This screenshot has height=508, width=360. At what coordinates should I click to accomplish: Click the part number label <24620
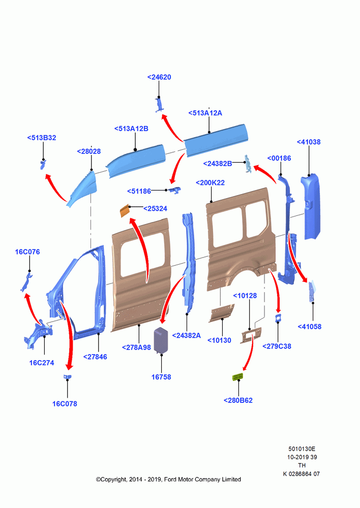pyautogui.click(x=159, y=77)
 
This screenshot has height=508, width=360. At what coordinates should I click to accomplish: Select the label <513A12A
pyautogui.click(x=205, y=113)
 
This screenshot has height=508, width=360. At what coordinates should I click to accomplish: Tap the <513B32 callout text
pyautogui.click(x=42, y=138)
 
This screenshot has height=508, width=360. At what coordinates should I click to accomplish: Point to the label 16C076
pyautogui.click(x=27, y=252)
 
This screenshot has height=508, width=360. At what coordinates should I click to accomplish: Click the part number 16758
pyautogui.click(x=161, y=377)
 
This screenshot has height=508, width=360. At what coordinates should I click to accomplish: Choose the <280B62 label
pyautogui.click(x=238, y=400)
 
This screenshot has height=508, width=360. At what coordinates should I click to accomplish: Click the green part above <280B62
pyautogui.click(x=237, y=377)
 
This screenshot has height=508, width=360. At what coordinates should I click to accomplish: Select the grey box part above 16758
pyautogui.click(x=161, y=339)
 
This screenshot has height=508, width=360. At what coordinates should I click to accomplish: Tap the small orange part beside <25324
pyautogui.click(x=125, y=211)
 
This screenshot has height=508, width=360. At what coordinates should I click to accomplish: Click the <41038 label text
pyautogui.click(x=309, y=142)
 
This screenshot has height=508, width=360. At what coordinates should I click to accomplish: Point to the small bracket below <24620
pyautogui.click(x=159, y=105)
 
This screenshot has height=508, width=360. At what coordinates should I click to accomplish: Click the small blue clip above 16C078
pyautogui.click(x=68, y=377)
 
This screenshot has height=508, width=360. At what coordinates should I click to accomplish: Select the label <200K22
pyautogui.click(x=210, y=183)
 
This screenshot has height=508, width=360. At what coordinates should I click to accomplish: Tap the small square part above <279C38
pyautogui.click(x=278, y=318)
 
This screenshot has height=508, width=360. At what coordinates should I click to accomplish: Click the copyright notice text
pyautogui.click(x=168, y=479)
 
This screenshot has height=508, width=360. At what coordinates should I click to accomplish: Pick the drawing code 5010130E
pyautogui.click(x=302, y=449)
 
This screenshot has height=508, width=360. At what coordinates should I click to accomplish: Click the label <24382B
pyautogui.click(x=218, y=164)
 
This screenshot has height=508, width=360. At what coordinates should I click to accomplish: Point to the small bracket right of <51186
pyautogui.click(x=175, y=190)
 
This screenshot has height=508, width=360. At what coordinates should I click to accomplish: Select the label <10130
pyautogui.click(x=219, y=340)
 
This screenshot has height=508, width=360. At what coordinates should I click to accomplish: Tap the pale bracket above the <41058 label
pyautogui.click(x=312, y=291)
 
